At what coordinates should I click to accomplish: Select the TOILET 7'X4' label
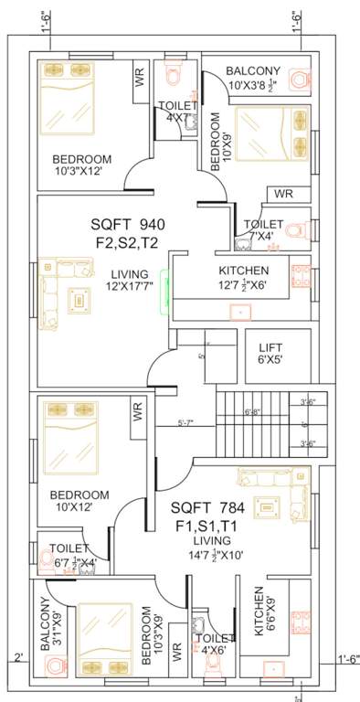263,229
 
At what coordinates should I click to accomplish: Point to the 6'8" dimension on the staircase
253,412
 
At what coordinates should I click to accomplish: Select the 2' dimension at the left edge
17,657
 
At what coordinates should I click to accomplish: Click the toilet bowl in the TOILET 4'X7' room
171,71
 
